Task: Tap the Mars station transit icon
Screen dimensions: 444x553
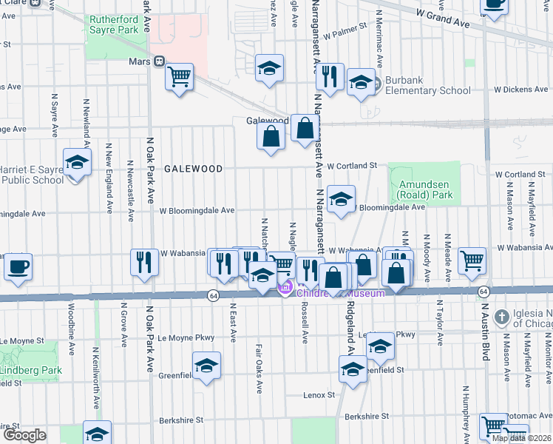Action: (159, 62)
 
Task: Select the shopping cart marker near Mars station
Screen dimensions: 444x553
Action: (180, 77)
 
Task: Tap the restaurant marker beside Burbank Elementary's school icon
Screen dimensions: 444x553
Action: (329, 77)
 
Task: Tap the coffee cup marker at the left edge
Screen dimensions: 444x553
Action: (18, 266)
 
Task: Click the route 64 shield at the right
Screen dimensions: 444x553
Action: (482, 292)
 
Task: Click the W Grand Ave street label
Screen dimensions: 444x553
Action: (442, 18)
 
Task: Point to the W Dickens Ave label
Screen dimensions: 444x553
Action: (520, 90)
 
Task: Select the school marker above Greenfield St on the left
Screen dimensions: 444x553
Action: (206, 366)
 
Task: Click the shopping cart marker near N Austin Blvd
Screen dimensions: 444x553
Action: (472, 261)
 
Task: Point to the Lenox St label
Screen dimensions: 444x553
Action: (319, 395)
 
